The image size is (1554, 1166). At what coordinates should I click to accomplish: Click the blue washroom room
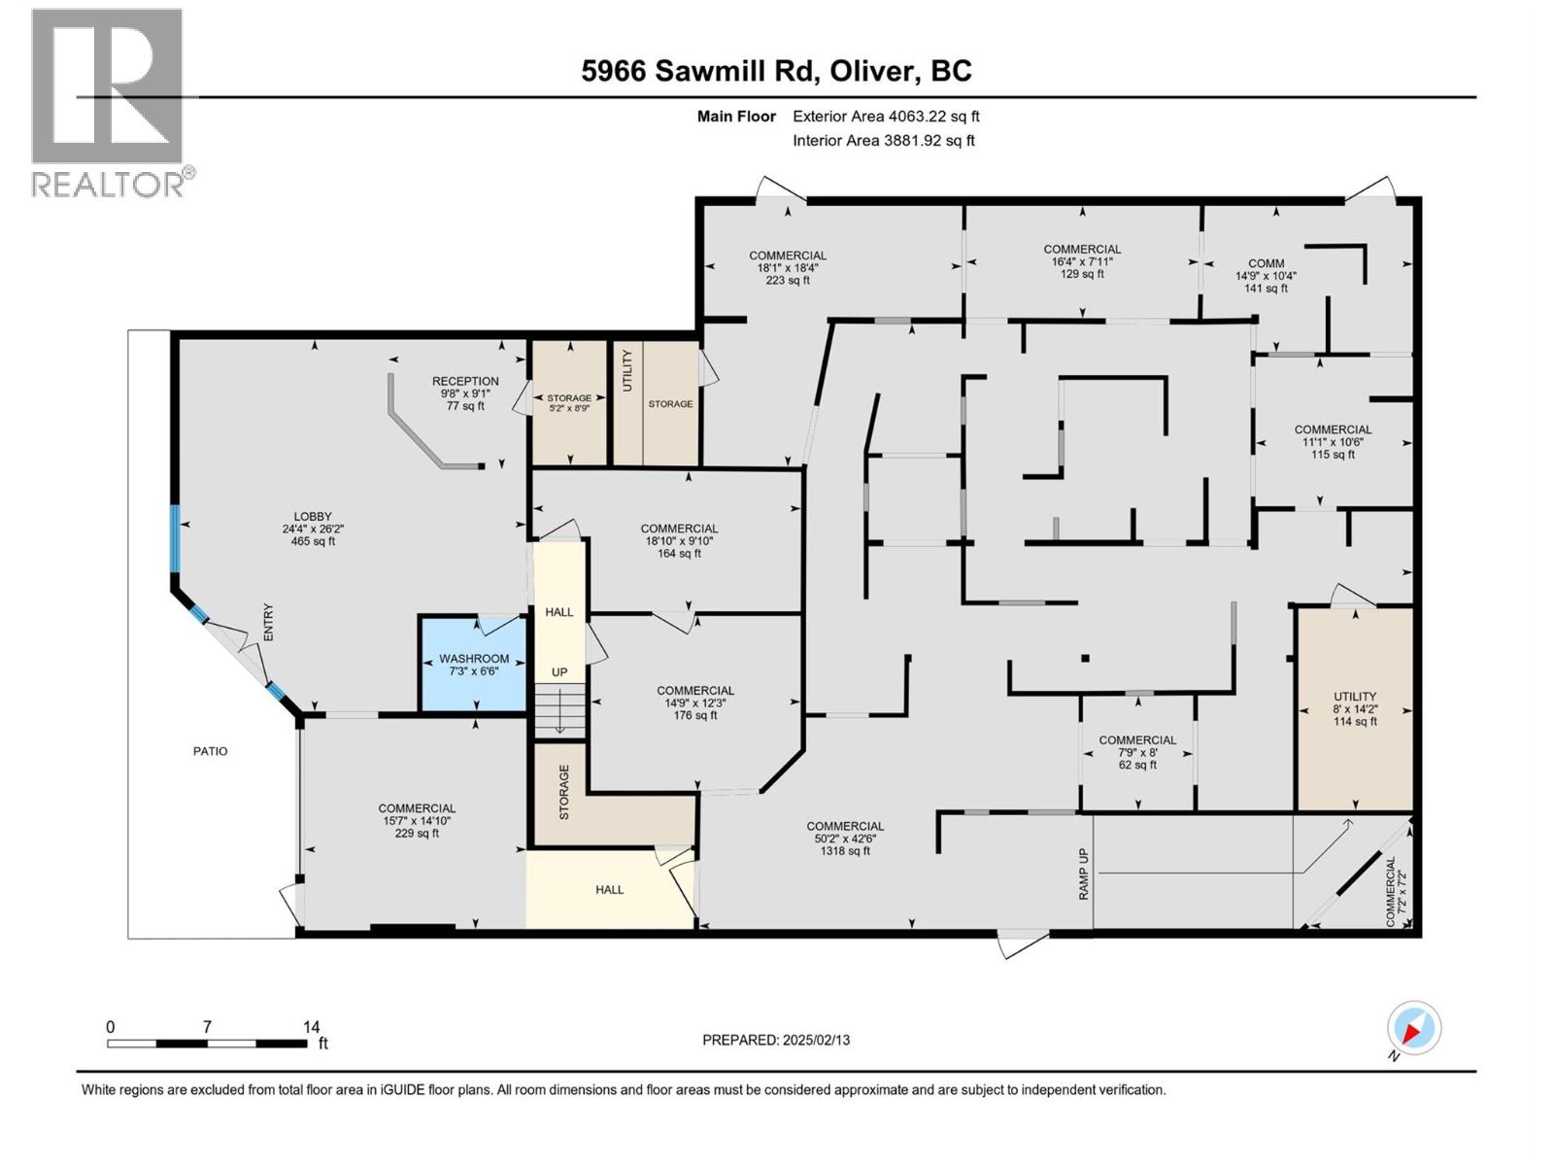[x=472, y=665]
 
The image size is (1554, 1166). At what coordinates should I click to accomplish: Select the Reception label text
[x=465, y=382]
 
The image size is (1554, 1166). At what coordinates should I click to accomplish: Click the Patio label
[x=210, y=751]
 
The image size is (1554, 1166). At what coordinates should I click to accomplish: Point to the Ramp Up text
[x=1084, y=874]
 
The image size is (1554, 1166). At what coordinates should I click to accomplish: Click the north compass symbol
[x=1413, y=1028]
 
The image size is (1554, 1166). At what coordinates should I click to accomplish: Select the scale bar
[x=207, y=1043]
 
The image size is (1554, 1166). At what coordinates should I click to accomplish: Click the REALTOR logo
[x=109, y=102]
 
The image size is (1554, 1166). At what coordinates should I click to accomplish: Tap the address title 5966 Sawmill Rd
[x=776, y=71]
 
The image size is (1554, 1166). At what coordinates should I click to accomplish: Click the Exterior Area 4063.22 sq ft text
[x=885, y=117]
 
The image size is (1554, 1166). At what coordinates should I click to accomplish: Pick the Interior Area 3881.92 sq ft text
[x=883, y=141]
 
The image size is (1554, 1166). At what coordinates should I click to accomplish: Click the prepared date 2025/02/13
[x=776, y=1040]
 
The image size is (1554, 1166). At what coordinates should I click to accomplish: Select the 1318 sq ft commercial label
[x=844, y=839]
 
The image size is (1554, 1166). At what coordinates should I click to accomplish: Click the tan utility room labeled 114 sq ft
[x=1354, y=708]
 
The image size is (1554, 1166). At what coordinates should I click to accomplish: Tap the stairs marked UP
[x=560, y=709]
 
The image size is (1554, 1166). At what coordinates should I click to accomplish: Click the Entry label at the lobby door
[x=269, y=623]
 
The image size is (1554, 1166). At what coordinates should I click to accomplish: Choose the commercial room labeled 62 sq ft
[x=1136, y=752]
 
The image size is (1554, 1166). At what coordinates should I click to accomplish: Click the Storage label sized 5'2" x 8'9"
[x=568, y=403]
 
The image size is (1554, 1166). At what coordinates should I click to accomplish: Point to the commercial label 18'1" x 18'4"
[x=787, y=267]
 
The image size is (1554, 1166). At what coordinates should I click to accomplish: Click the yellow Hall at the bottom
[x=609, y=889]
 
